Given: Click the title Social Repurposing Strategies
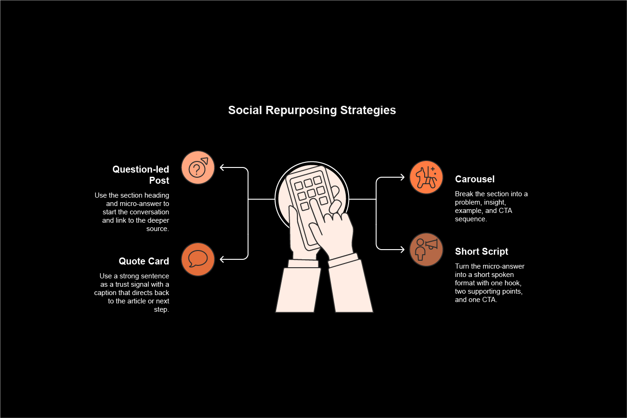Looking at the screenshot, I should [312, 110].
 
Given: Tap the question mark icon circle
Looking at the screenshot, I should [198, 167].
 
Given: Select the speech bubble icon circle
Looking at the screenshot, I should [198, 259].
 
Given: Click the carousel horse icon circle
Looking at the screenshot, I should [426, 177].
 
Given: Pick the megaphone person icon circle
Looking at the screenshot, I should [426, 250].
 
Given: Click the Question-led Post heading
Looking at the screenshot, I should [141, 175].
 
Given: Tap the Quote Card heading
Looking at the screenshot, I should [144, 261].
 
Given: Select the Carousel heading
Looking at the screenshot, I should [475, 179].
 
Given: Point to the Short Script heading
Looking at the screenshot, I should [481, 251].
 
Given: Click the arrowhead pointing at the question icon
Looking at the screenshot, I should [222, 167].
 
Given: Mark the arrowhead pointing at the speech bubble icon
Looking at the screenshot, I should [222, 259].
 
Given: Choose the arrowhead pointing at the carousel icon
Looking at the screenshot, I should [402, 177].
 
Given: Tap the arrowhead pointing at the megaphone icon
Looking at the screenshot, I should [402, 250].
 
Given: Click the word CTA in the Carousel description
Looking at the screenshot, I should [505, 211].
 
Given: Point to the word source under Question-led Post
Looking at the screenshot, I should [157, 229].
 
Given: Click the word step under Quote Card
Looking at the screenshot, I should [161, 309].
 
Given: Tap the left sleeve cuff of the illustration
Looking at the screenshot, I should [303, 264].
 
